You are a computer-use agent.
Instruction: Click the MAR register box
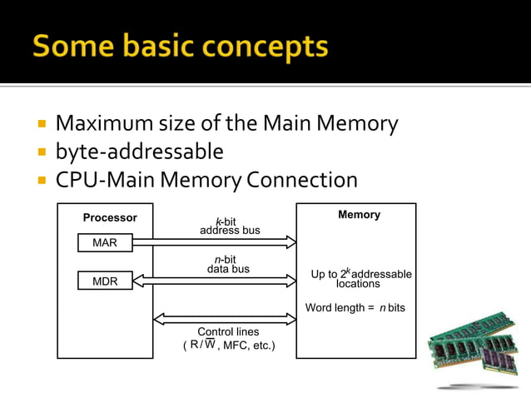point(105,242)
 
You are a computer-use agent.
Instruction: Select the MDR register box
point(105,281)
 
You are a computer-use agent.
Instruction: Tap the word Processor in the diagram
point(110,218)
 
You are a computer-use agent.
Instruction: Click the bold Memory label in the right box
point(359,215)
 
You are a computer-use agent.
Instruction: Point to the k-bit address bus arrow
point(214,242)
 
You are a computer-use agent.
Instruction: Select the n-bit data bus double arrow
point(214,281)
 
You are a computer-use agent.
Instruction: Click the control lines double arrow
point(225,319)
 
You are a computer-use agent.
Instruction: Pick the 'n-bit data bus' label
point(228,265)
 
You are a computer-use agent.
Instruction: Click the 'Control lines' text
point(228,331)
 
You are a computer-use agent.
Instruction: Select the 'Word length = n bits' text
point(355,308)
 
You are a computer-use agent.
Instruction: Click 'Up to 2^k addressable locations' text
point(360,278)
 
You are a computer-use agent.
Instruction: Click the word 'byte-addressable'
point(139,152)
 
